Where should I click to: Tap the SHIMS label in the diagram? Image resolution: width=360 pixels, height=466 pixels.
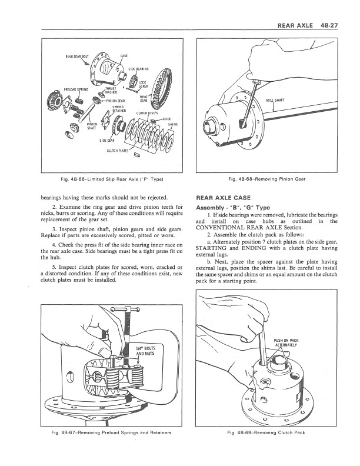[173, 125]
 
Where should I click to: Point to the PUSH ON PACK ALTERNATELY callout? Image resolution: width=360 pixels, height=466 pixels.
[285, 342]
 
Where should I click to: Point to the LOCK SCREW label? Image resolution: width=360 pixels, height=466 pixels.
[143, 85]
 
